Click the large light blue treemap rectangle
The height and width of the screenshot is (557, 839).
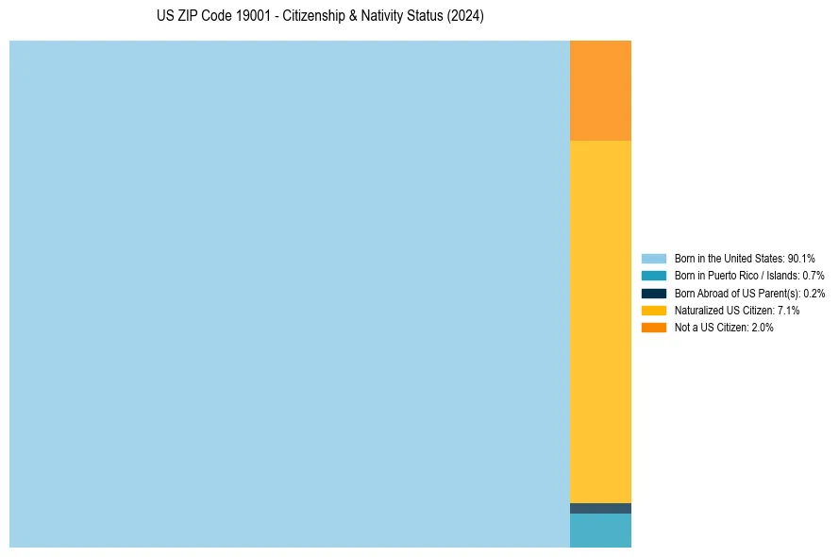point(289,294)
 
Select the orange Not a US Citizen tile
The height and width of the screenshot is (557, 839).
point(600,91)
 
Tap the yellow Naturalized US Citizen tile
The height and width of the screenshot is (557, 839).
point(600,321)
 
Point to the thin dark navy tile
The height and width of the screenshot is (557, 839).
point(600,508)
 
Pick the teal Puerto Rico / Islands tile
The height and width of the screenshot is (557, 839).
point(600,531)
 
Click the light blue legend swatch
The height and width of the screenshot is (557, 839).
point(654,258)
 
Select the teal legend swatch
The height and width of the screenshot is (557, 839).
point(654,276)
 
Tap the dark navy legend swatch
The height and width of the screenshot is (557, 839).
point(654,293)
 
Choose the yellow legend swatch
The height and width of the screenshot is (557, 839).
point(654,310)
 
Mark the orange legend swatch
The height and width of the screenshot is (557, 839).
point(654,328)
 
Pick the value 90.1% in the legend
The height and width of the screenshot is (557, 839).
point(801,258)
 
